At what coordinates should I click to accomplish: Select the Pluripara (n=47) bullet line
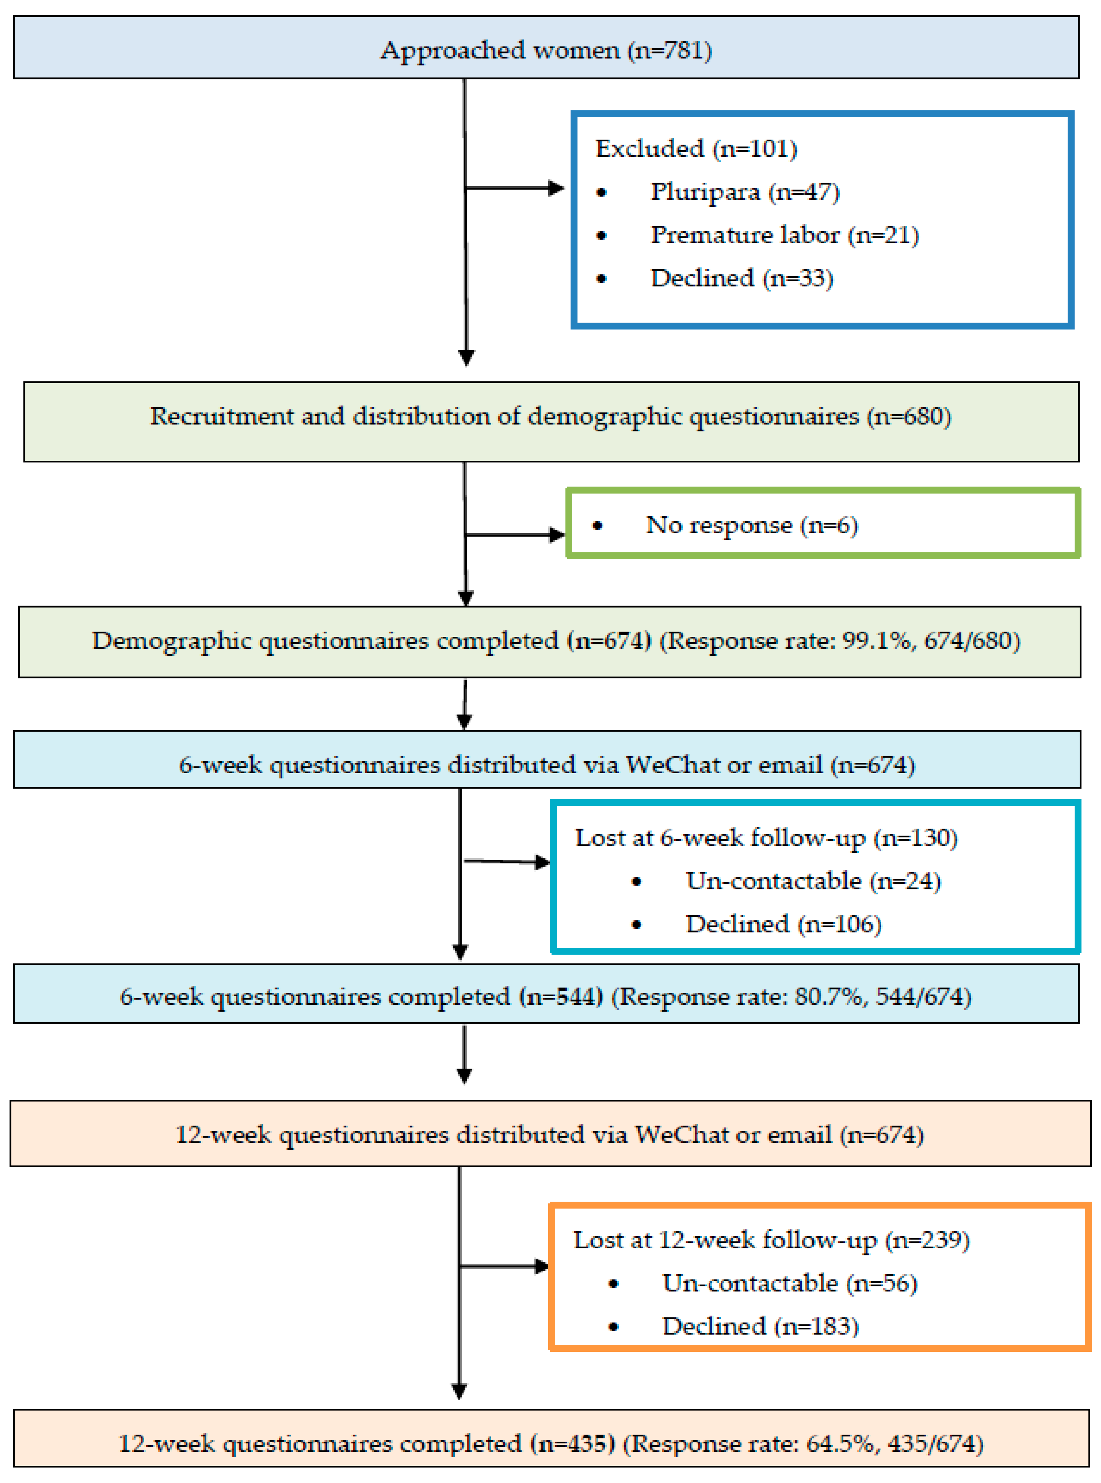(x=745, y=192)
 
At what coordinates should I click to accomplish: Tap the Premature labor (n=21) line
(x=785, y=235)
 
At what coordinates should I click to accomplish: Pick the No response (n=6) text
(x=751, y=525)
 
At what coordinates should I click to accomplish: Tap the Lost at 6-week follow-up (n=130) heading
(x=766, y=838)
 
